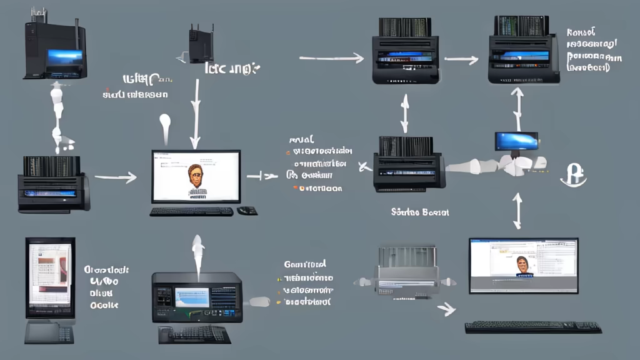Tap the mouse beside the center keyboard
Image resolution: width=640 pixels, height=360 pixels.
click(247, 211)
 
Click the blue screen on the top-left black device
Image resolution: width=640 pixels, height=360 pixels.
click(64, 57)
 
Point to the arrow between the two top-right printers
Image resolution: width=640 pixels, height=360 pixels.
click(461, 60)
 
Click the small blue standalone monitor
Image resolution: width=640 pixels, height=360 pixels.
click(516, 141)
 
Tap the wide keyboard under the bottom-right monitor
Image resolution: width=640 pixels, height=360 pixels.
click(533, 327)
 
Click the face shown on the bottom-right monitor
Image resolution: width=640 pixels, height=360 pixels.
click(522, 266)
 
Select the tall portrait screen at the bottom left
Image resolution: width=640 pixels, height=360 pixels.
click(50, 278)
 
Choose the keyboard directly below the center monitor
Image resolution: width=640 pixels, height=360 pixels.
click(191, 211)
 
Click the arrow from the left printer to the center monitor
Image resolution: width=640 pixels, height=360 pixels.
click(115, 178)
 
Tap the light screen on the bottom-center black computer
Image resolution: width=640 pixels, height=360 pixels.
click(191, 297)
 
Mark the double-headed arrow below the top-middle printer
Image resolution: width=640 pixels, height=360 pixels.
click(404, 114)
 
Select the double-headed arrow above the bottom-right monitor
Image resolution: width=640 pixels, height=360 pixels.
click(517, 211)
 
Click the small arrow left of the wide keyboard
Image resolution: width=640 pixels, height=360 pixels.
click(446, 308)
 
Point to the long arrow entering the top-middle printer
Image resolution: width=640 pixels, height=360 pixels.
click(331, 59)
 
